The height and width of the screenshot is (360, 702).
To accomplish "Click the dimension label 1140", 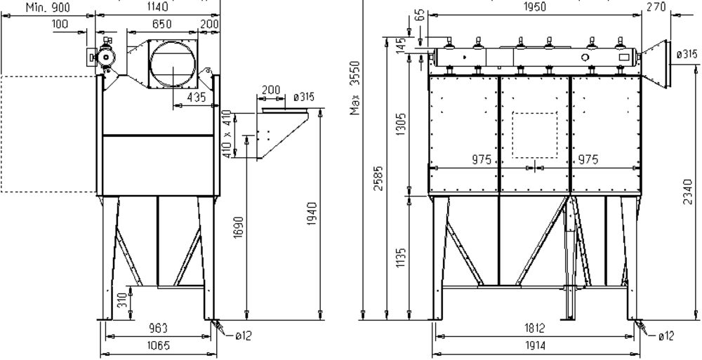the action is click(x=157, y=7).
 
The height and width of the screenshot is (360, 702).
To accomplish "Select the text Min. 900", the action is click(x=48, y=7).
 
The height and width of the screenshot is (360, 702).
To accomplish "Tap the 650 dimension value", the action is click(x=161, y=24).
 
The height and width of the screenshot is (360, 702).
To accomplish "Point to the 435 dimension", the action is click(x=197, y=97).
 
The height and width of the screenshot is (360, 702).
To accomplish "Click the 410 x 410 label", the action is click(x=228, y=134).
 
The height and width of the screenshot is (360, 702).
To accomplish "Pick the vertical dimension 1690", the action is click(x=239, y=227).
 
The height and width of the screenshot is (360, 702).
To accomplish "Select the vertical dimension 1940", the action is click(x=312, y=213).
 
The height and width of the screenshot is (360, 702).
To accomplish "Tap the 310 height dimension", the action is click(x=121, y=301).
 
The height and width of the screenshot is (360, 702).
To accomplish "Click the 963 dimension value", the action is click(x=158, y=328).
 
